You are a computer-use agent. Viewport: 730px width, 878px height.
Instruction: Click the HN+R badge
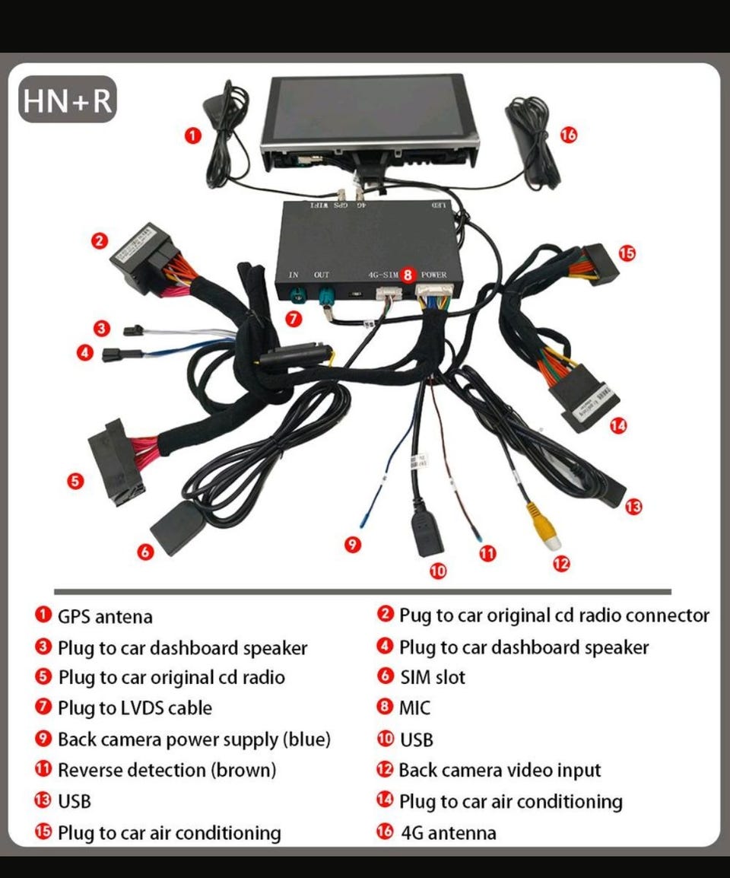point(68,100)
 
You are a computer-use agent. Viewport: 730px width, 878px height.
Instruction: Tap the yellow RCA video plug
point(549,533)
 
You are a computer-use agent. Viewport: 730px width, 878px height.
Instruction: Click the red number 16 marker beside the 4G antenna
point(568,135)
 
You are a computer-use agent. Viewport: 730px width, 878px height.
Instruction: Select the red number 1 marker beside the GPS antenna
point(194,135)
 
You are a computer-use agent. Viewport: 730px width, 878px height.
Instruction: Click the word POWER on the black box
point(433,275)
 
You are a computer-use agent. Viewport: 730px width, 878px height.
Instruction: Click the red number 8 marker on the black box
point(408,275)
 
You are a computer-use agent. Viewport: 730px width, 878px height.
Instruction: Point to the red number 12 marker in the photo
point(562,564)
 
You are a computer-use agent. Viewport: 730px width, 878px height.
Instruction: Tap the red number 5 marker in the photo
point(75,480)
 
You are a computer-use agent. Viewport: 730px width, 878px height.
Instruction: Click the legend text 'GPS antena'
point(105,616)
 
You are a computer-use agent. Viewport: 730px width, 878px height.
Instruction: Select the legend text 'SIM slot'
point(432,677)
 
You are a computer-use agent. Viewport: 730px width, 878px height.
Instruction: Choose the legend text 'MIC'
point(414,708)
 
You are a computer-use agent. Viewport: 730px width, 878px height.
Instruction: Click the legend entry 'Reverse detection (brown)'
point(167,770)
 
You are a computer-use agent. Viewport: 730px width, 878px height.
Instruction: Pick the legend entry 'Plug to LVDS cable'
point(135,708)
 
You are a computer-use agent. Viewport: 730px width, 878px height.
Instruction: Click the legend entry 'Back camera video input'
point(500,770)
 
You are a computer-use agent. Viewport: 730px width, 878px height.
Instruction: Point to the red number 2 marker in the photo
point(100,241)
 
